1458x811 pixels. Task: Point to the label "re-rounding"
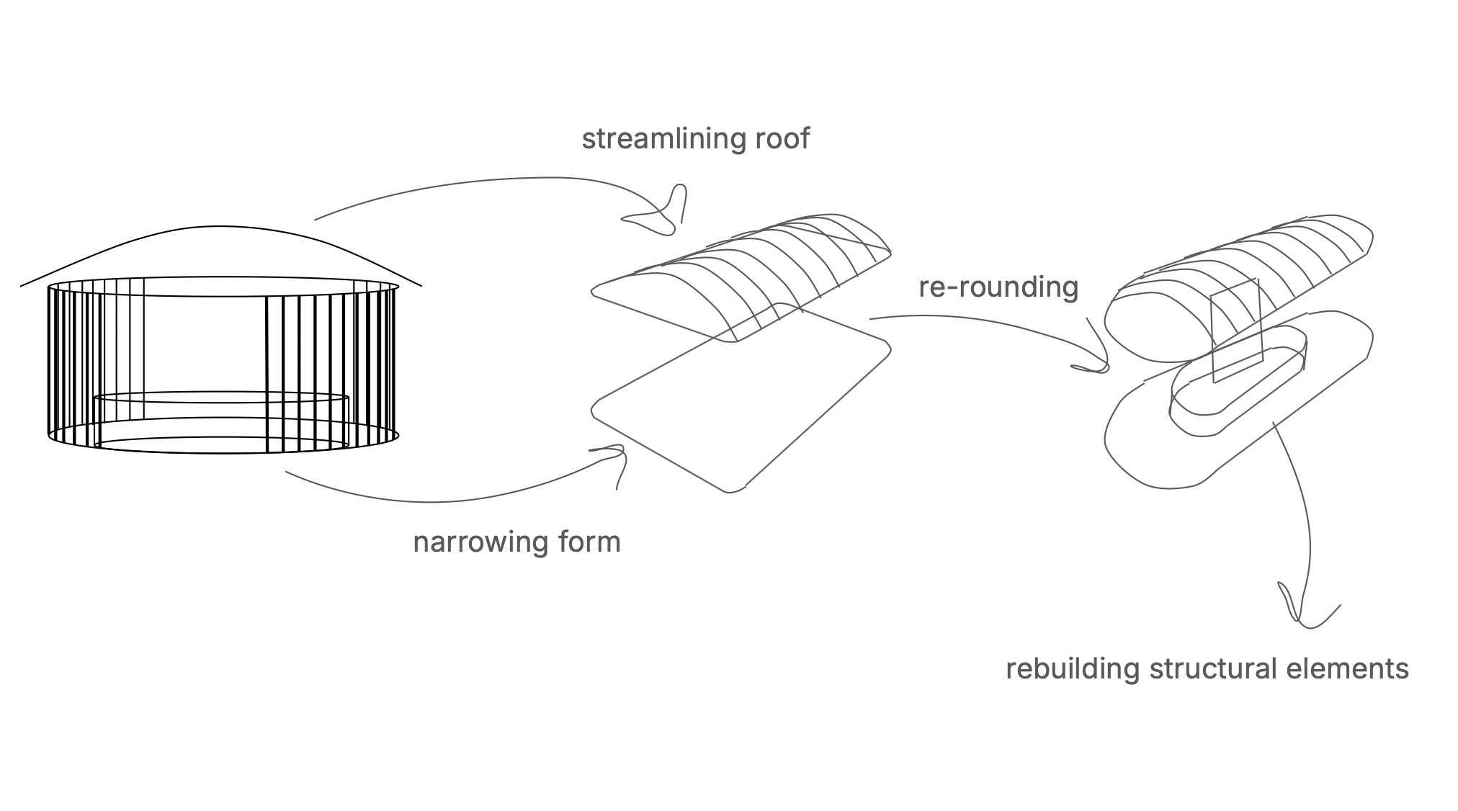998,287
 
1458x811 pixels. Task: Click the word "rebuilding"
1072,669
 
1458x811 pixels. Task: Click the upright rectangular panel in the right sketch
1237,331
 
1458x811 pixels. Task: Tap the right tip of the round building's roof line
421,286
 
